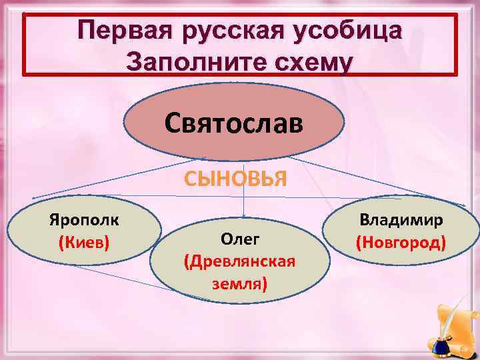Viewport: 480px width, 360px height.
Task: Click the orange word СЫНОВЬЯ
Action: (244, 179)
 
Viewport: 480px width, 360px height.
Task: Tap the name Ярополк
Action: (84, 219)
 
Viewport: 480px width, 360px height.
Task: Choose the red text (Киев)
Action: (84, 240)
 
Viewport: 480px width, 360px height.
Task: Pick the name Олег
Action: (240, 239)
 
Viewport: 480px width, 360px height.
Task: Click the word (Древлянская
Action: (240, 261)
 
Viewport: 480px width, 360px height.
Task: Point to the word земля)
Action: (240, 283)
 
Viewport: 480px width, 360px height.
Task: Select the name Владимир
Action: (401, 219)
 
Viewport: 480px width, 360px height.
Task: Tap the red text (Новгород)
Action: (401, 240)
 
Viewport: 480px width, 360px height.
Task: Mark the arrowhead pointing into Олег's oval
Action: (244, 215)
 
